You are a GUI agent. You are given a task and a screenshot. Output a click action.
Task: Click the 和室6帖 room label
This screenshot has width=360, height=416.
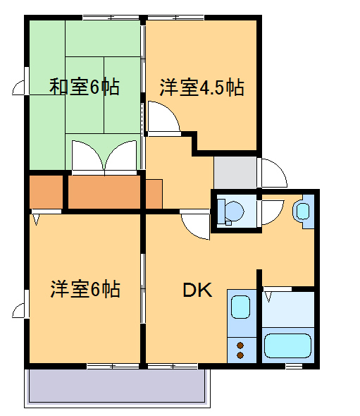[84, 87]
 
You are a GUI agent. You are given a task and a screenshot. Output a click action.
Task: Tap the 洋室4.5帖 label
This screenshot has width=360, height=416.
[201, 88]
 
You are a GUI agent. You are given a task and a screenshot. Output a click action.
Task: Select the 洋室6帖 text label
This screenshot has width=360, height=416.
[85, 289]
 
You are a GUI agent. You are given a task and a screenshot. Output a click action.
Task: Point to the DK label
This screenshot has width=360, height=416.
[197, 290]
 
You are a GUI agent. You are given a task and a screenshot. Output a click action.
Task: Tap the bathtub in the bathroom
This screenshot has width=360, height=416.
[287, 345]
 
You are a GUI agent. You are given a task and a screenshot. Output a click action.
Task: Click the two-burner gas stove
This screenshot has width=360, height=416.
[240, 350]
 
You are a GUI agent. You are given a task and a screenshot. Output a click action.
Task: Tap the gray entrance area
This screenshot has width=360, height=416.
[235, 172]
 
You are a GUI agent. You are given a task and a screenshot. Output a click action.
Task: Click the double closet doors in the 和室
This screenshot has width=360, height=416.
[104, 157]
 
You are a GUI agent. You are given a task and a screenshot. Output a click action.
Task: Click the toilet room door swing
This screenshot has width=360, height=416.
[274, 212]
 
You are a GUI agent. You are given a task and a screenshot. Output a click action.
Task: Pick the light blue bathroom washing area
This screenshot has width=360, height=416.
[287, 308]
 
